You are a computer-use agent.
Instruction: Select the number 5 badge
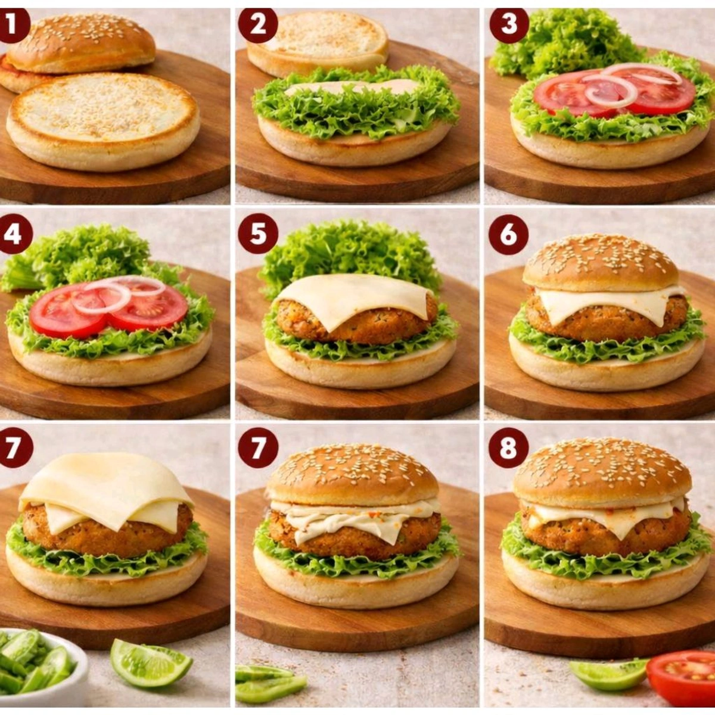click(x=258, y=234)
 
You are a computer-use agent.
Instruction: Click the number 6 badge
click(x=508, y=234)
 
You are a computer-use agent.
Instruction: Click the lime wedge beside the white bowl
click(x=150, y=661)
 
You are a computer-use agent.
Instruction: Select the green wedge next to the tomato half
click(x=608, y=673)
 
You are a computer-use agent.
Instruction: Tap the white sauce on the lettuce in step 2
click(x=352, y=88)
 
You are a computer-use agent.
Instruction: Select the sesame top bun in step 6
click(x=601, y=262)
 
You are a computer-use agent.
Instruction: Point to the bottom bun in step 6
click(x=607, y=369)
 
